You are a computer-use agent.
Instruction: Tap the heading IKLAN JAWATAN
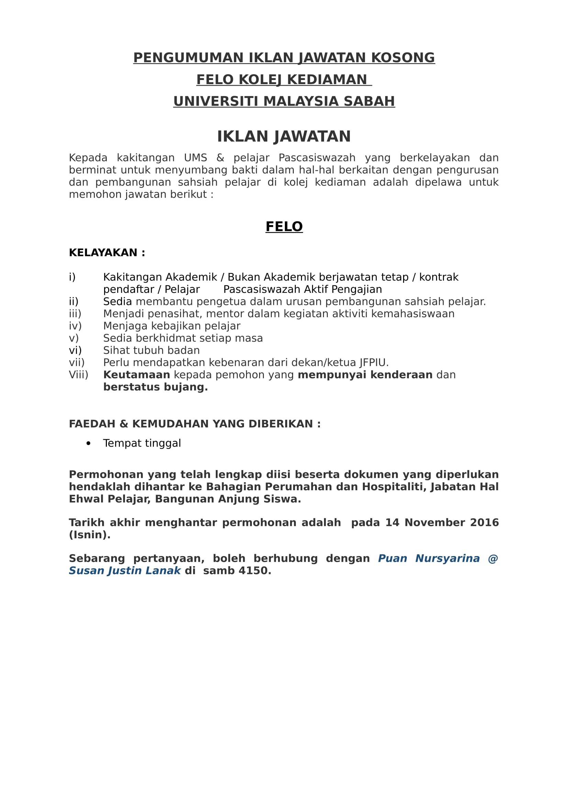point(284,136)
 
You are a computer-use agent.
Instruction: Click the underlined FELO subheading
point(284,227)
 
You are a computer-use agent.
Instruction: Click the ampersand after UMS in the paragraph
point(220,158)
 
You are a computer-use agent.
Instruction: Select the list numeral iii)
point(75,314)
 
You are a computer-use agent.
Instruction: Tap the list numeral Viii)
point(78,375)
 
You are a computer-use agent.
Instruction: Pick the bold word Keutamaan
point(136,375)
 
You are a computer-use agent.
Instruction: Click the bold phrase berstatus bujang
point(155,387)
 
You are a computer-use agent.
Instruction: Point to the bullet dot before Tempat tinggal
point(88,444)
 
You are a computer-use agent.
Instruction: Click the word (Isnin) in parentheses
point(89,535)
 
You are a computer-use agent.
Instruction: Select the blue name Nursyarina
point(447,559)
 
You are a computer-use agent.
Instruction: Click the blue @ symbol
point(493,559)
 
